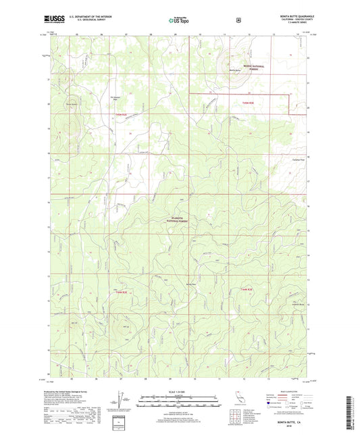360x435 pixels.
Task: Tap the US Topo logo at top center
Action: point(180,21)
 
